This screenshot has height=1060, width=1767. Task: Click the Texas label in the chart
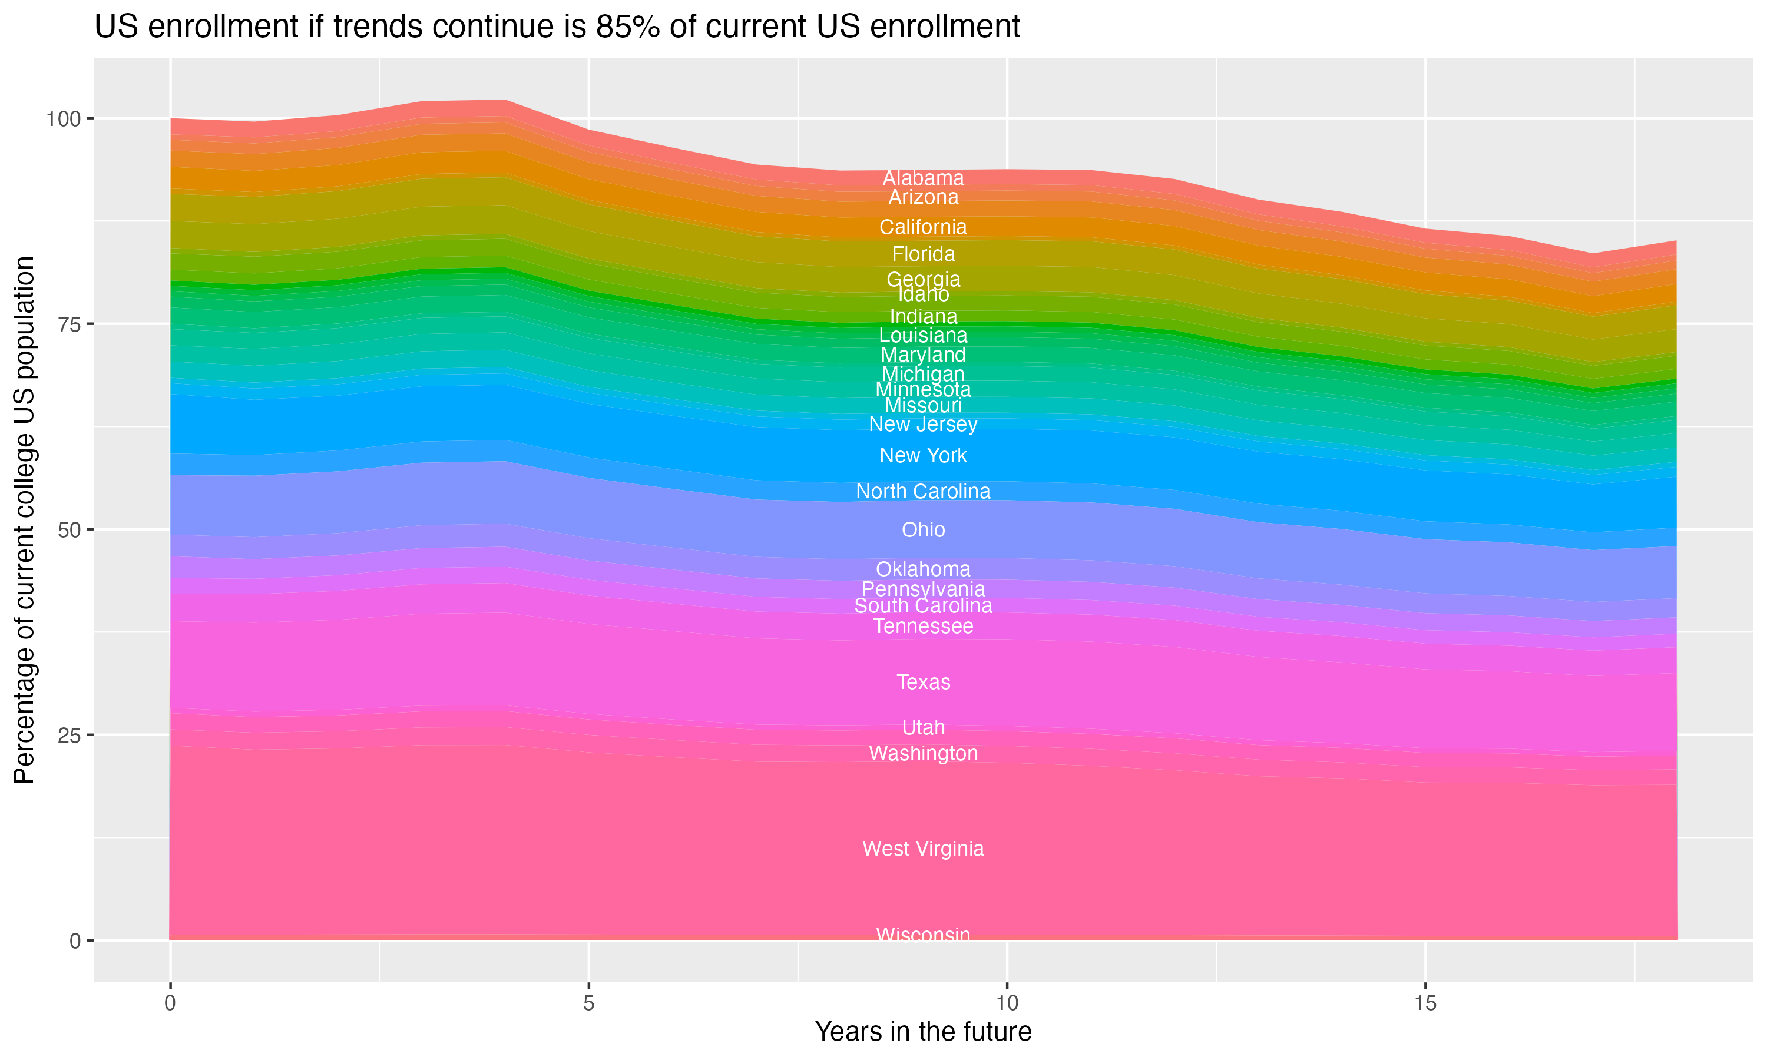tap(923, 682)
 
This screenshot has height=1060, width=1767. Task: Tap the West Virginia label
tap(923, 849)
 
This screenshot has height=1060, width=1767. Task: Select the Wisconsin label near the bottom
tap(923, 935)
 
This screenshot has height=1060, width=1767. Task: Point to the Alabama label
tap(923, 178)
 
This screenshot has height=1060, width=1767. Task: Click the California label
tap(923, 227)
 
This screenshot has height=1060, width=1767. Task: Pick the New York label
tap(923, 455)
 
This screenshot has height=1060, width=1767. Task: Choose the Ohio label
tap(923, 529)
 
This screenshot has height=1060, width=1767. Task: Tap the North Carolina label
tap(923, 492)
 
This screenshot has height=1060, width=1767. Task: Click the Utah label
tap(923, 727)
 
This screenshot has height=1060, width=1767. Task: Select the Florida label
tap(923, 254)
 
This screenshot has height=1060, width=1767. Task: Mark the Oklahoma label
tap(923, 569)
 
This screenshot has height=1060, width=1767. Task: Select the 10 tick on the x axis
tap(1007, 1003)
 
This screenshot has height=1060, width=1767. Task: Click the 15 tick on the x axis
tap(1425, 1003)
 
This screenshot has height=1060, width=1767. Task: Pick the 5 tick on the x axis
tap(588, 1003)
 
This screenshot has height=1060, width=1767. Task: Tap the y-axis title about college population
tap(24, 519)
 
